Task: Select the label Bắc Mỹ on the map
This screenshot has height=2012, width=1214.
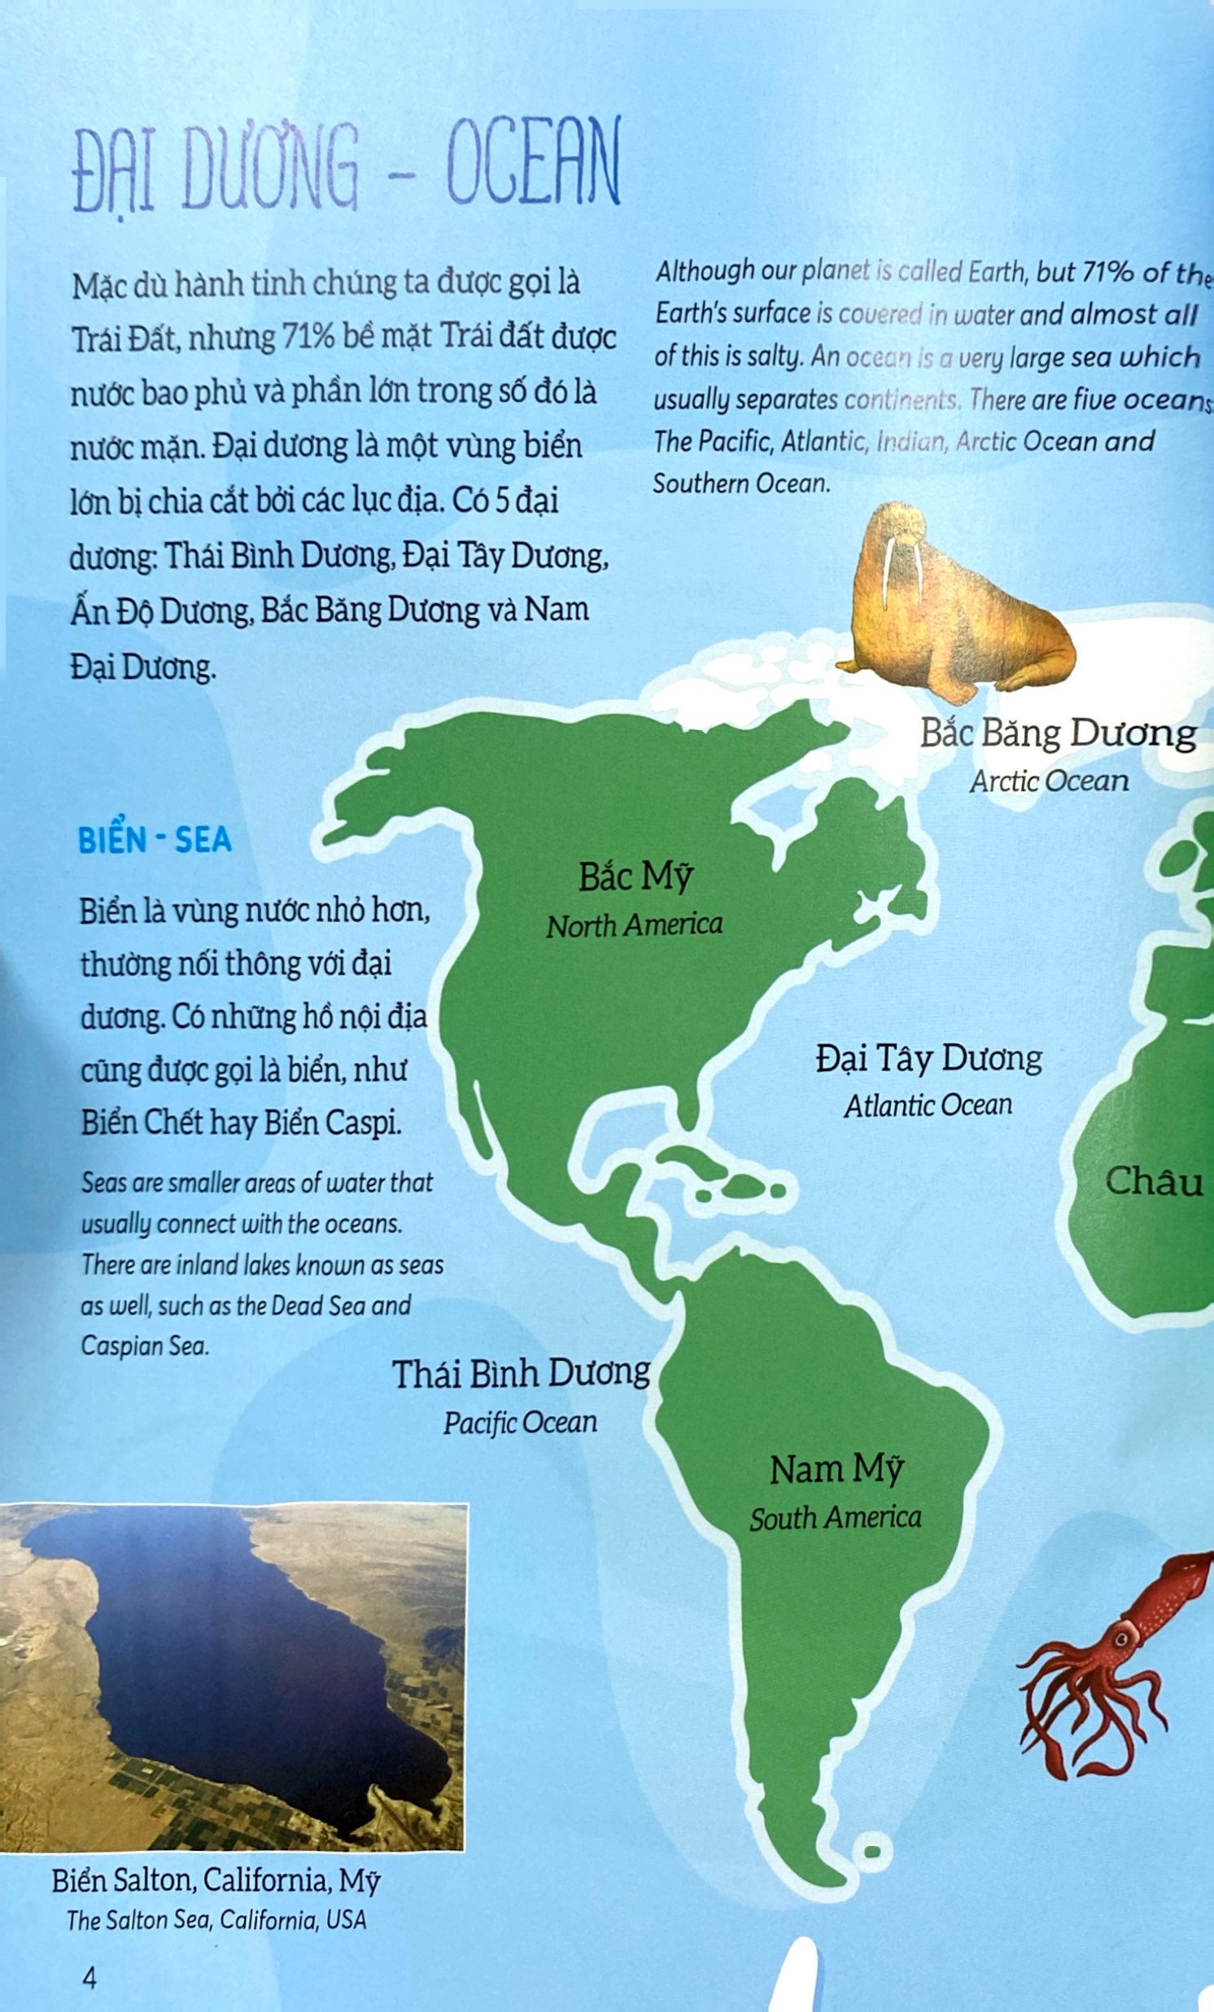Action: [x=635, y=878]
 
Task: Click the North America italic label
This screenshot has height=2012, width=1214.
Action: [x=635, y=925]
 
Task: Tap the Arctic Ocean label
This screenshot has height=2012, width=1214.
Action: [x=1049, y=781]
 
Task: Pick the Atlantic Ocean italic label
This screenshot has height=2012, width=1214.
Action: [x=928, y=1105]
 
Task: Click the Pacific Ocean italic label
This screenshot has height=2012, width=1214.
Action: [x=520, y=1424]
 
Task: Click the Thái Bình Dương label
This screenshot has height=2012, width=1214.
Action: [x=521, y=1375]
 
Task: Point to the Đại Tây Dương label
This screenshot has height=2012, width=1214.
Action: [x=929, y=1059]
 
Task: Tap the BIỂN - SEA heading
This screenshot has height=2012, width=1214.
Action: [x=155, y=840]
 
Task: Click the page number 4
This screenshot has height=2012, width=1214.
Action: [x=89, y=1970]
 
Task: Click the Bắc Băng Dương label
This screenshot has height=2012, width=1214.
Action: [x=1058, y=734]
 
